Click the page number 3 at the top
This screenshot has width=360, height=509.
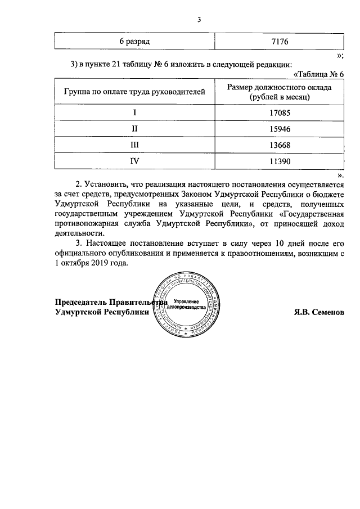(x=199, y=21)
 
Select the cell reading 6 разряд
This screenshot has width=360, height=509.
(x=134, y=42)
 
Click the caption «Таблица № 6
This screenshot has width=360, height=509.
(x=318, y=74)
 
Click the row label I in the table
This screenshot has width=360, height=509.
(x=134, y=112)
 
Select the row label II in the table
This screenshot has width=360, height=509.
(x=134, y=128)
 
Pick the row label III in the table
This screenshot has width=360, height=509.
(x=134, y=145)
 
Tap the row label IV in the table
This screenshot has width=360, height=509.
(x=134, y=161)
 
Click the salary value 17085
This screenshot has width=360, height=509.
(x=279, y=112)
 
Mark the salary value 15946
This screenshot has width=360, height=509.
(x=279, y=128)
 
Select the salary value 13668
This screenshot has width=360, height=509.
(x=279, y=145)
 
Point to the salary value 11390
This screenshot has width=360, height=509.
(x=279, y=161)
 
